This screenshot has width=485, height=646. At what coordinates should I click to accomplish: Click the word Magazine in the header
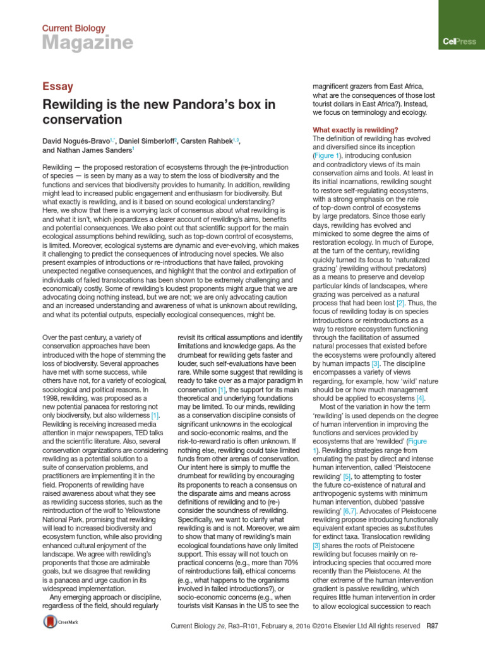click(x=87, y=42)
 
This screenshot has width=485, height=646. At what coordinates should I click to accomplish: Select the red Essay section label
click(x=58, y=86)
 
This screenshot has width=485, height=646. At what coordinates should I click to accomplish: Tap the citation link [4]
click(x=420, y=399)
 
